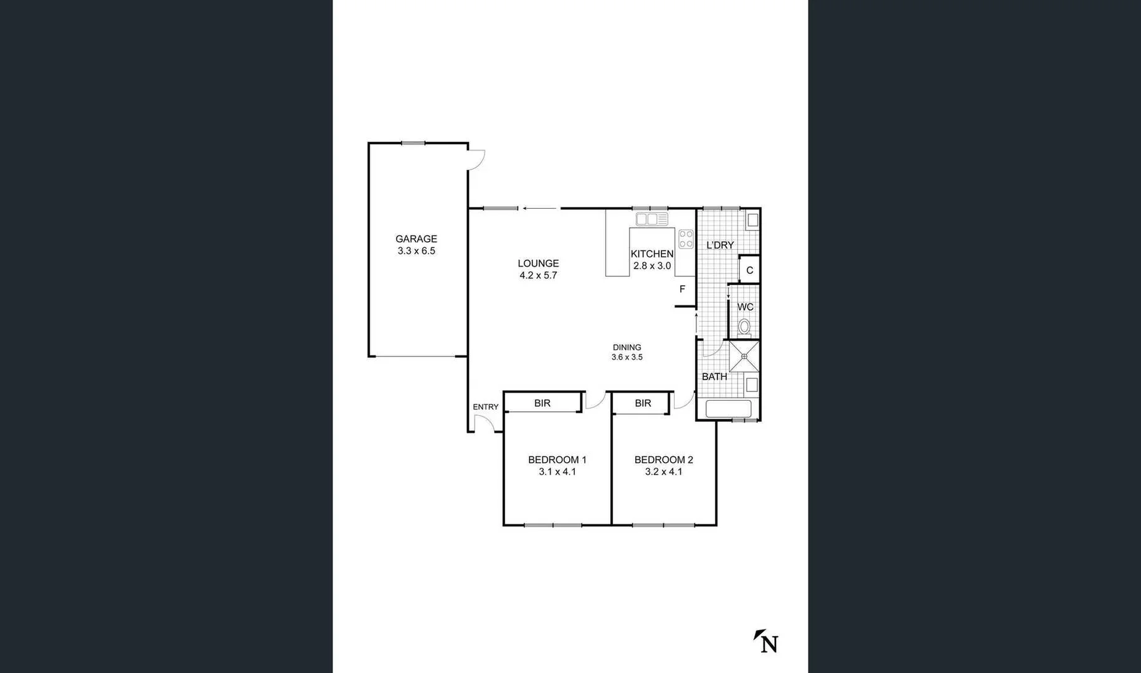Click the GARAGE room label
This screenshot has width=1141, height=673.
[416, 239]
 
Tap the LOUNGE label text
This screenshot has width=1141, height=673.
[538, 264]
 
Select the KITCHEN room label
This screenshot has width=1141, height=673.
[651, 254]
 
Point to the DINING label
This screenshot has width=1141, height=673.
[627, 348]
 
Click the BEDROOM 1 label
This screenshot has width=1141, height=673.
[557, 460]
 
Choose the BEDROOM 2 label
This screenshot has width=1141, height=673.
[663, 460]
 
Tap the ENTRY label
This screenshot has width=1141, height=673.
[485, 407]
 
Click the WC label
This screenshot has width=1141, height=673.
[745, 307]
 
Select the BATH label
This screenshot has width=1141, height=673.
[714, 376]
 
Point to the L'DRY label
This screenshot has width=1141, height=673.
[720, 246]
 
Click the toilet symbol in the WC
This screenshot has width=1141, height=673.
[744, 327]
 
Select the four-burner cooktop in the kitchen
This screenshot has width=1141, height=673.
[686, 239]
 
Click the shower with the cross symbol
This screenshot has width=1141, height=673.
[744, 356]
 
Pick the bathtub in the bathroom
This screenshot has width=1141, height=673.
[728, 409]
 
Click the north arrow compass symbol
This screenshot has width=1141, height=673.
[767, 641]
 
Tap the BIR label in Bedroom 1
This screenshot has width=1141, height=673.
[542, 403]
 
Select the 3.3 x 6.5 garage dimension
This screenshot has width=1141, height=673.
[416, 251]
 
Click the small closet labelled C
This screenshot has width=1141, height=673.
[749, 270]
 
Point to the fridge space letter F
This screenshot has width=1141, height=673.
[682, 289]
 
